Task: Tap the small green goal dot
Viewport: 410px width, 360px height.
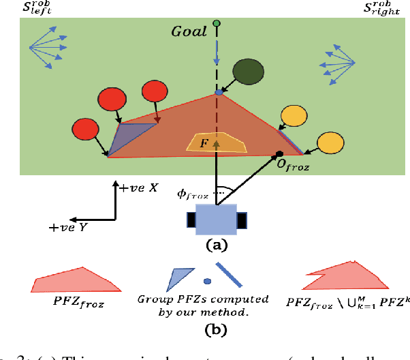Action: (x=217, y=24)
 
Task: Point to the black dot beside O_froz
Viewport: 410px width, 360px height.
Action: (x=279, y=153)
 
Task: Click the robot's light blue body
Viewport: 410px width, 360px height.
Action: (x=215, y=220)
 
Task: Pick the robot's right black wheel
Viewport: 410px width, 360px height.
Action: (x=241, y=221)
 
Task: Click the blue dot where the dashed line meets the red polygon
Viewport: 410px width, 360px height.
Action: (x=218, y=92)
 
